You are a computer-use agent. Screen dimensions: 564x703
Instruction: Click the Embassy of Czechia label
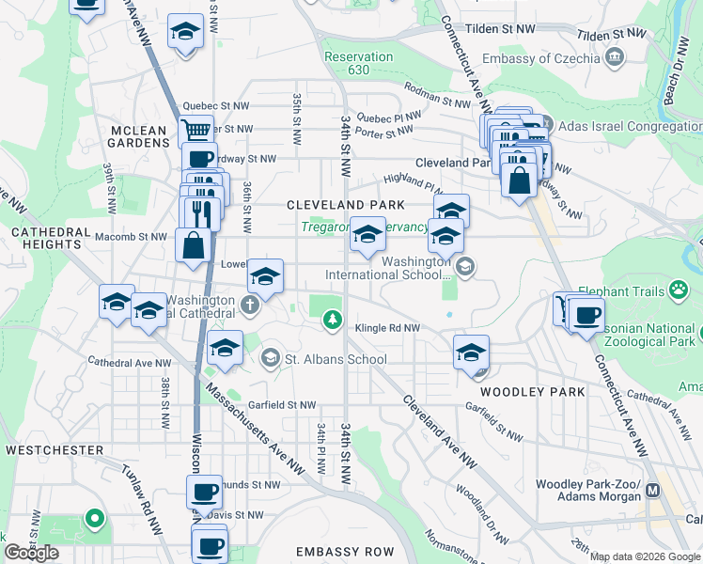pyautogui.click(x=539, y=58)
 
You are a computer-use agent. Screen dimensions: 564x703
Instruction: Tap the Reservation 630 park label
pyautogui.click(x=358, y=63)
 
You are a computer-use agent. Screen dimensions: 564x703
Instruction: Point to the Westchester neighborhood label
pyautogui.click(x=54, y=450)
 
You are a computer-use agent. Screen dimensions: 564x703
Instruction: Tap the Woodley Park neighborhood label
pyautogui.click(x=532, y=391)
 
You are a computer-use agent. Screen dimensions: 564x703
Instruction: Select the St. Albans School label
pyautogui.click(x=336, y=359)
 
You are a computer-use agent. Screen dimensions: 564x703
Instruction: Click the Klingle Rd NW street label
pyautogui.click(x=387, y=328)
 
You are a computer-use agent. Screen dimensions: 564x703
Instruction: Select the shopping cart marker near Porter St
pyautogui.click(x=195, y=130)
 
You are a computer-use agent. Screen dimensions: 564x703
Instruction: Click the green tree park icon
pyautogui.click(x=331, y=321)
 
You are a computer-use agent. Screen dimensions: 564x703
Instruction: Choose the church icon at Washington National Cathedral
pyautogui.click(x=249, y=304)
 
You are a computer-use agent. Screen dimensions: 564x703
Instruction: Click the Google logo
pyautogui.click(x=32, y=553)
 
